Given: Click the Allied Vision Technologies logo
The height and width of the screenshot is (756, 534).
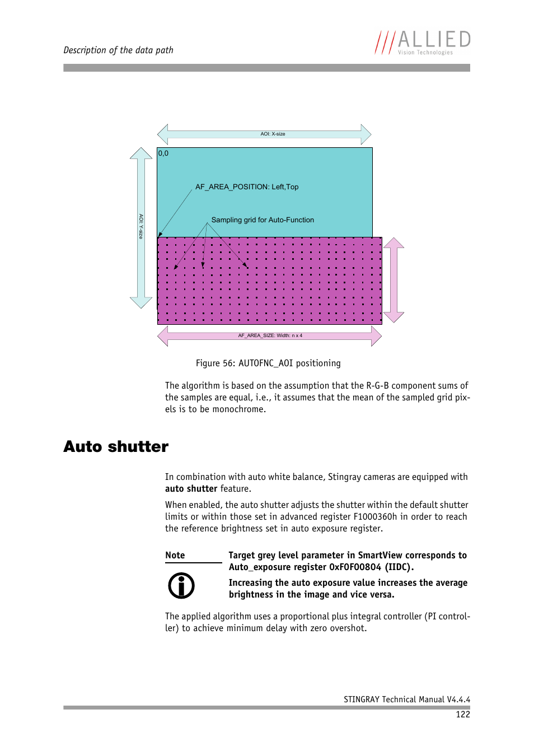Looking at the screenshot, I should click(x=423, y=43).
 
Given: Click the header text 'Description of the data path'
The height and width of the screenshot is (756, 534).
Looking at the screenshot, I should click(x=118, y=50).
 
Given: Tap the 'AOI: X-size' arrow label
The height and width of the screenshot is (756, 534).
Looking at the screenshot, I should click(x=273, y=134).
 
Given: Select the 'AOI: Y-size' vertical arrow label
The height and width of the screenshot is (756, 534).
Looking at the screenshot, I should click(x=141, y=226).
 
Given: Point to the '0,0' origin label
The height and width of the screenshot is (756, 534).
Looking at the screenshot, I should click(x=163, y=153).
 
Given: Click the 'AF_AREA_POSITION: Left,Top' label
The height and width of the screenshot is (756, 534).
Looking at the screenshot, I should click(x=247, y=187).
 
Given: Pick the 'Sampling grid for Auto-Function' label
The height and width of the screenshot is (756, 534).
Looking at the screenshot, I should click(x=263, y=220).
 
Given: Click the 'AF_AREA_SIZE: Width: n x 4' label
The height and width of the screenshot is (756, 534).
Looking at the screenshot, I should click(x=270, y=336).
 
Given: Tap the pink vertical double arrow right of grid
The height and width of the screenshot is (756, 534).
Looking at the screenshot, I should click(x=394, y=280).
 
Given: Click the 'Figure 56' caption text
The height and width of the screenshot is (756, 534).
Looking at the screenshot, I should click(x=268, y=363).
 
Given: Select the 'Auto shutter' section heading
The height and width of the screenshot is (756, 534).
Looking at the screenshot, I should click(x=116, y=446).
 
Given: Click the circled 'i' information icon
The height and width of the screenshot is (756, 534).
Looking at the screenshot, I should click(x=181, y=586).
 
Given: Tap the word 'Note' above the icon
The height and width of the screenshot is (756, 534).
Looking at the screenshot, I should click(x=175, y=556).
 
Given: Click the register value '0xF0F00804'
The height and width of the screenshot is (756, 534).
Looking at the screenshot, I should click(x=355, y=567).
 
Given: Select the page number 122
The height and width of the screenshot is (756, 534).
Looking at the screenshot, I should click(x=463, y=715).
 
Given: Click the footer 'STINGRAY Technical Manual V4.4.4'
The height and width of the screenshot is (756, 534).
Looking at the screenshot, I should click(x=406, y=699).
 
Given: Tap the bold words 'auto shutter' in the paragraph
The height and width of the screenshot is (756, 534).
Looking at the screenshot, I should click(x=191, y=489).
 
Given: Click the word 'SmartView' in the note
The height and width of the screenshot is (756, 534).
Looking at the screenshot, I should click(x=380, y=556).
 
